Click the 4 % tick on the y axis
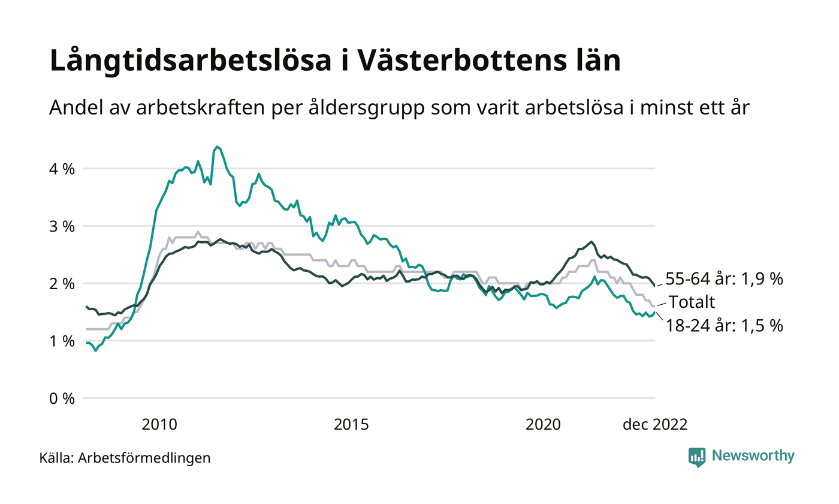click(x=62, y=169)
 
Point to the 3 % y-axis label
click(x=62, y=227)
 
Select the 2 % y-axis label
click(x=62, y=284)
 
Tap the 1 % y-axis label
click(x=62, y=341)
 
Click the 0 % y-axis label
click(x=62, y=398)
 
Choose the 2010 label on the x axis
click(x=159, y=425)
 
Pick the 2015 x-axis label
click(x=351, y=425)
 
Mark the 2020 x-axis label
click(x=543, y=425)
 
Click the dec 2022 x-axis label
click(x=654, y=425)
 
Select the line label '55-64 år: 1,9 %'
click(x=724, y=280)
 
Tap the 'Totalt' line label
click(x=692, y=302)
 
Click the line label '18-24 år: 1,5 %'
click(x=724, y=326)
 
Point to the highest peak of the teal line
click(x=217, y=146)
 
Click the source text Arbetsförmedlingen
click(x=144, y=458)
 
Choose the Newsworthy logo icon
click(x=697, y=457)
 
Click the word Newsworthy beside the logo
click(x=753, y=456)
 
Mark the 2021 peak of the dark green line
click(x=591, y=242)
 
